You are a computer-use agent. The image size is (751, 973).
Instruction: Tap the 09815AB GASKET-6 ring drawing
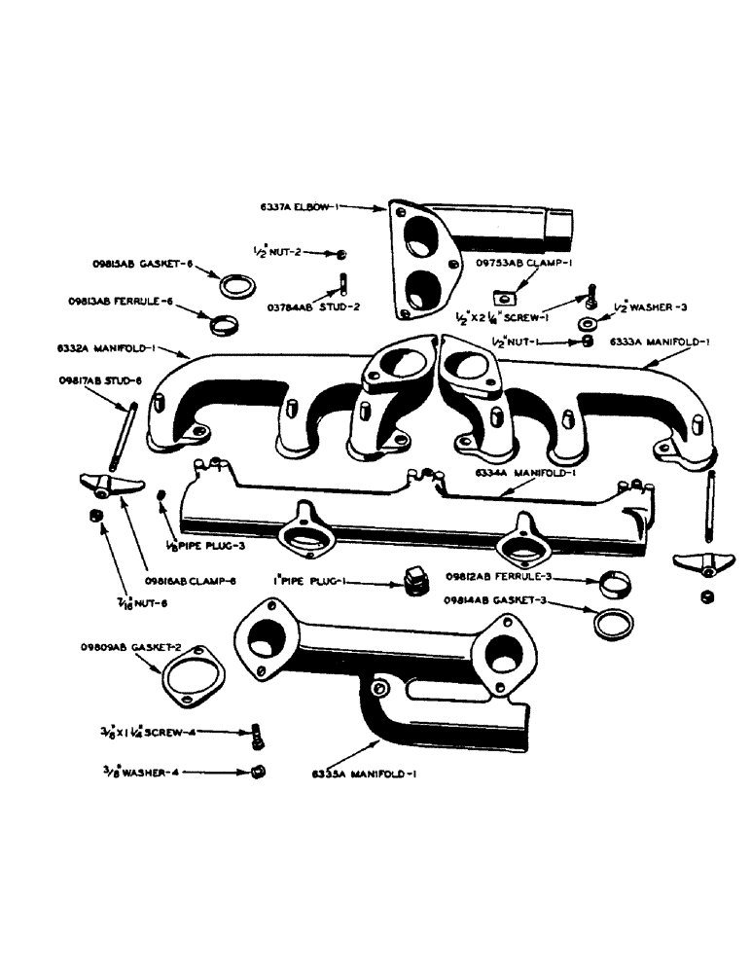235,287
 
